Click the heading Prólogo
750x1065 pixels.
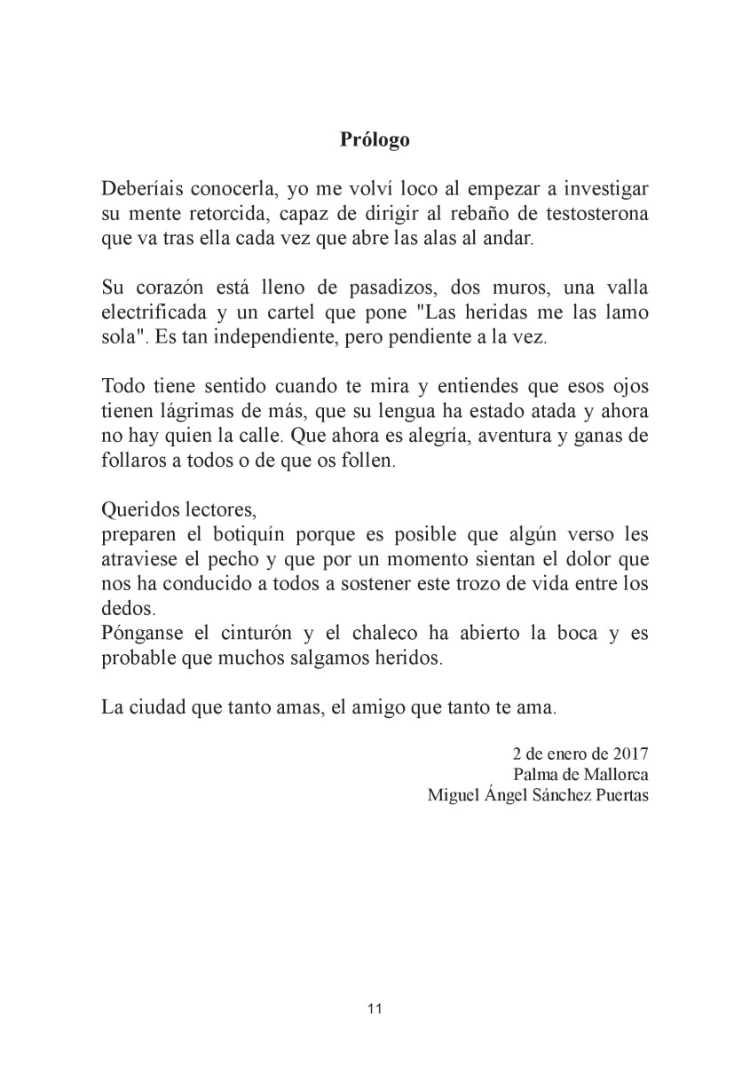click(375, 139)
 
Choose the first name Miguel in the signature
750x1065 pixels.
click(452, 794)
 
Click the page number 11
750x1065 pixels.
click(374, 1008)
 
